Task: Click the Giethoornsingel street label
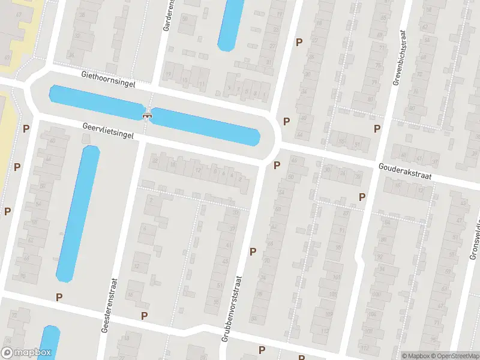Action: click(109, 80)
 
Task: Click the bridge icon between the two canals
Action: click(146, 115)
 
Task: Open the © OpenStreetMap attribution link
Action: click(454, 356)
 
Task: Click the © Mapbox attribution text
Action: click(416, 356)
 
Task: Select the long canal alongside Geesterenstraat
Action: click(78, 213)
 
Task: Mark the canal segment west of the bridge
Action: click(96, 102)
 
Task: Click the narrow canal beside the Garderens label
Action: click(231, 24)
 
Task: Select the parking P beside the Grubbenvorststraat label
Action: click(253, 252)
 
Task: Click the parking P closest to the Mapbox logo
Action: click(59, 297)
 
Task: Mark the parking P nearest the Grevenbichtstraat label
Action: click(377, 128)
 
